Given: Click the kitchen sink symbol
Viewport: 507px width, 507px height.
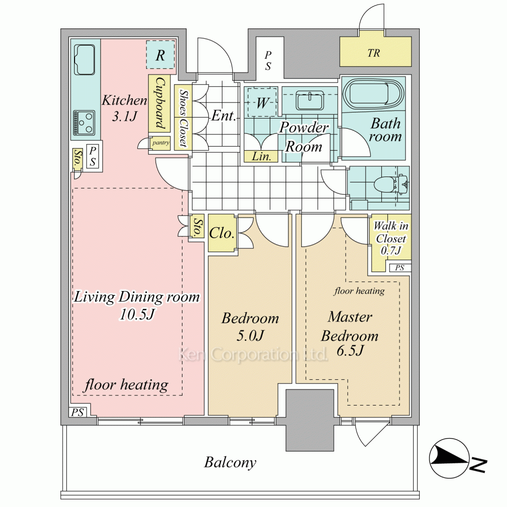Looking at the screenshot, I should pos(85,60).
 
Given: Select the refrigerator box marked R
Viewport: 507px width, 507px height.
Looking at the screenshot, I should pos(160,55).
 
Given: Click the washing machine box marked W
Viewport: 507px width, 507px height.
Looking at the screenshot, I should pos(262,103).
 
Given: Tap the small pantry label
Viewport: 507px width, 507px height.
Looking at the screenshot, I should pos(161,143).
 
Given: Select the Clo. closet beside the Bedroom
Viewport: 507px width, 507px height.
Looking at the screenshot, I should pos(222,234).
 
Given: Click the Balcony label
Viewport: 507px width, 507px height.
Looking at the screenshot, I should pos(230,462).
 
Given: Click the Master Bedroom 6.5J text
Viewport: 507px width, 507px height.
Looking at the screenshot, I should pos(350,335).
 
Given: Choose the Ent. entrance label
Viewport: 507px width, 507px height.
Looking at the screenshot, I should pos(224,116).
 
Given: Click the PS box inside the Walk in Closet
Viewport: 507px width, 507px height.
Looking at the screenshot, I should pos(400,268).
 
